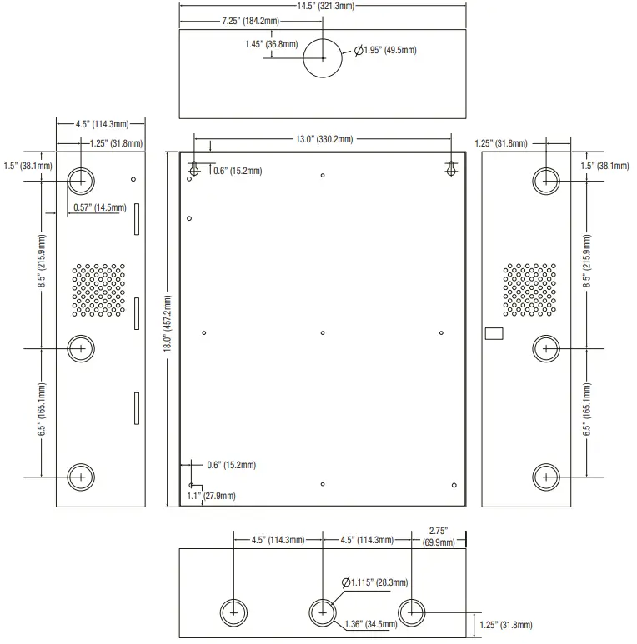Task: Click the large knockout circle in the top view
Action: tap(323, 57)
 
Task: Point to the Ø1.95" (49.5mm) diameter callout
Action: tap(385, 51)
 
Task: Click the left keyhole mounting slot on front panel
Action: tap(194, 167)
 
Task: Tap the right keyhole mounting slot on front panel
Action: tap(451, 167)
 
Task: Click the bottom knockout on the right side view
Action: tap(545, 476)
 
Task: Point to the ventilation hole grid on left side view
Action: tap(98, 290)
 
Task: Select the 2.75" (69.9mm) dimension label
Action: tap(439, 536)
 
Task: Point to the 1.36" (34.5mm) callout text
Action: tap(370, 622)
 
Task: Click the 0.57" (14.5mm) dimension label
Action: tap(99, 207)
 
